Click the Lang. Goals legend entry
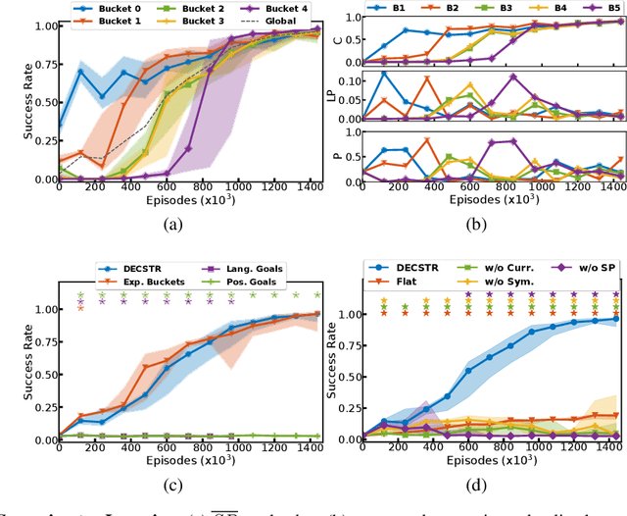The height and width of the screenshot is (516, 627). coord(227,267)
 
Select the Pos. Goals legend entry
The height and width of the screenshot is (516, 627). coord(227,282)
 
